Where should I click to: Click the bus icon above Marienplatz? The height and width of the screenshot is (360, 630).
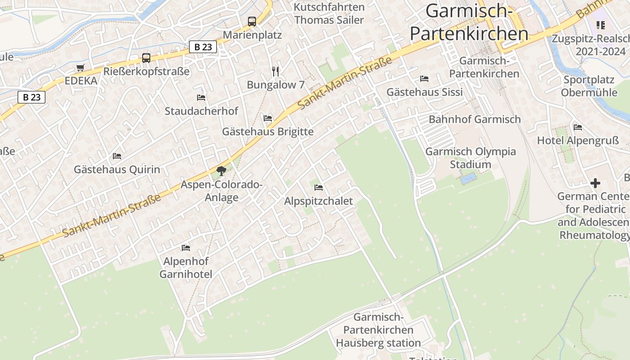[252, 21]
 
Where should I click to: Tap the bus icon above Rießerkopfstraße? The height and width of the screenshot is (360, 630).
[146, 58]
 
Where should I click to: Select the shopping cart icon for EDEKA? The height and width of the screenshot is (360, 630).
[81, 68]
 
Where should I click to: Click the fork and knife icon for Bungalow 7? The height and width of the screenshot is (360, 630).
[276, 71]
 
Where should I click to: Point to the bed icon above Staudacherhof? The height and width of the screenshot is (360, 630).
[201, 97]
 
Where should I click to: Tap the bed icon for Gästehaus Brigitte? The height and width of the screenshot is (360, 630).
[268, 118]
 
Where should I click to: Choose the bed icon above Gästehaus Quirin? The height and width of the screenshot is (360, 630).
[117, 156]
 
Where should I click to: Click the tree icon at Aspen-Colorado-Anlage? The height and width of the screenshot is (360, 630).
[221, 171]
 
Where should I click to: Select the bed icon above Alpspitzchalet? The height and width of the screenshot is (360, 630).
[319, 187]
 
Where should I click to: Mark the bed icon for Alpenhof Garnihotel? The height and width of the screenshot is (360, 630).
[186, 247]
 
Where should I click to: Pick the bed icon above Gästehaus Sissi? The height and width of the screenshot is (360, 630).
[424, 78]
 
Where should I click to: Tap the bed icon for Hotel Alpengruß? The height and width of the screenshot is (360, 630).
[578, 127]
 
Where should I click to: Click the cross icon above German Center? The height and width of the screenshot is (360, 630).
[595, 183]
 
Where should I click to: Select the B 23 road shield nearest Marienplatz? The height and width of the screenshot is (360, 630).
[203, 47]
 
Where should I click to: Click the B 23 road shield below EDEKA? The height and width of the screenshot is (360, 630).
[32, 97]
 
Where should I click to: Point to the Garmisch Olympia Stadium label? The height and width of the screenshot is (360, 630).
[471, 157]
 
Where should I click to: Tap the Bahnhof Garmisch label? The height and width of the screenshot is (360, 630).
[475, 119]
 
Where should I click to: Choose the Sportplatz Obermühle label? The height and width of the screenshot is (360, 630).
[589, 86]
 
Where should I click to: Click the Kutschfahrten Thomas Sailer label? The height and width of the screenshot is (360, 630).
[329, 13]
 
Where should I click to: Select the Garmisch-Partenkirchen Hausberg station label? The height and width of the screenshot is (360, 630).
[378, 330]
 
